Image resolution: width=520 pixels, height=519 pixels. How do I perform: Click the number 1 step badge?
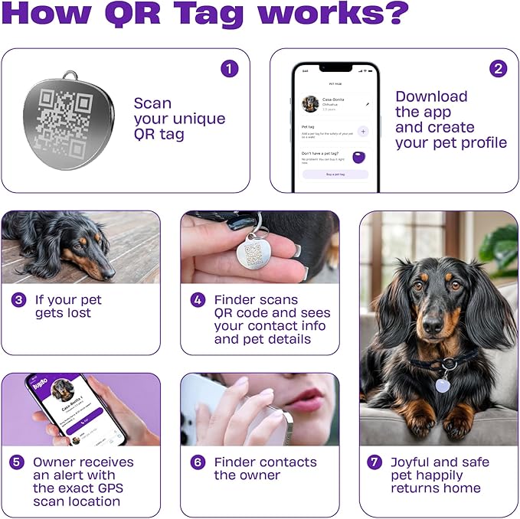[229, 68]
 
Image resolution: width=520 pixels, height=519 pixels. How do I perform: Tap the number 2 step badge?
[499, 68]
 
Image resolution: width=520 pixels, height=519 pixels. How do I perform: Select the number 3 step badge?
[19, 300]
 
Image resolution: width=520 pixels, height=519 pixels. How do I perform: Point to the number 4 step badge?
[198, 300]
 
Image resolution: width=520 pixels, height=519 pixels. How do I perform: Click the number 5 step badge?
[17, 462]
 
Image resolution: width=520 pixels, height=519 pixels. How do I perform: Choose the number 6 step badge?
[198, 462]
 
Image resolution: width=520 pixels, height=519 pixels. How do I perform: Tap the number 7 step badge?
[374, 462]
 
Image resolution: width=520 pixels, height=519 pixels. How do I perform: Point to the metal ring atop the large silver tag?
[70, 76]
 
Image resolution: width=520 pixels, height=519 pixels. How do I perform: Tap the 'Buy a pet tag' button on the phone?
[335, 175]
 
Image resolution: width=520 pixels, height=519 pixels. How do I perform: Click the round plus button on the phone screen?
[363, 131]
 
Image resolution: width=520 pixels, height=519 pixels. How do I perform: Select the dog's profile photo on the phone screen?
[310, 104]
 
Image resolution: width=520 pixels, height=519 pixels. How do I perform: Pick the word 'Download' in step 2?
[431, 96]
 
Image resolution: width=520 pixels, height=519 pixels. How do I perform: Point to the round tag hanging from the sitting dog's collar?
[443, 385]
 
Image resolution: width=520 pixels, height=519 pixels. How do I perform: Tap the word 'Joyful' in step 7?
[414, 462]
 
